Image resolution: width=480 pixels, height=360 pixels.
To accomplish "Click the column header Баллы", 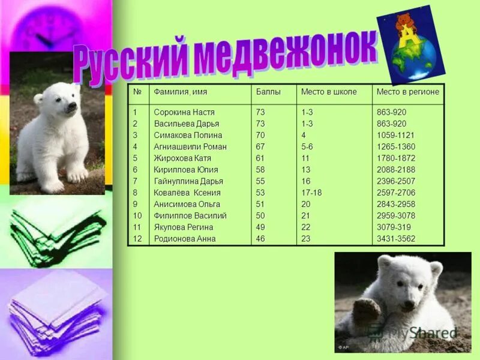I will point(268,92).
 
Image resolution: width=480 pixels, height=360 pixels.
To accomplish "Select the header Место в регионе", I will point(407,92).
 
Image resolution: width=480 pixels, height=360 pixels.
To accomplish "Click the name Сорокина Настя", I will point(184,112).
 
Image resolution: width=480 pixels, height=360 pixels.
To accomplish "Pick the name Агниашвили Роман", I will point(190,146).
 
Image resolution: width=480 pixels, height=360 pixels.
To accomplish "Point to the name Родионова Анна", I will point(185,239).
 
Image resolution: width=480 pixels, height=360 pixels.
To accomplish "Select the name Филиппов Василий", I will point(190,215).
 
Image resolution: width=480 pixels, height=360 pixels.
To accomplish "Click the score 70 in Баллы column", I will point(260,135).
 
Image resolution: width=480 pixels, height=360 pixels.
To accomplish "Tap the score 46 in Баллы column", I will point(260,239).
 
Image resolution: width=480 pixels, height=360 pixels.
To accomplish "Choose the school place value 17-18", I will point(311,193).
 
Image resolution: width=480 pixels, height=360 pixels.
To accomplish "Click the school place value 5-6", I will point(307,146).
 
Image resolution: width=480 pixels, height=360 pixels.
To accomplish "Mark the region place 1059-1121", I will point(395,135).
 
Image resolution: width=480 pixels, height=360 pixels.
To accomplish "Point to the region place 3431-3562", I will point(395,239).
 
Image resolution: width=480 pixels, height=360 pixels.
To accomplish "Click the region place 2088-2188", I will point(395,169).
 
